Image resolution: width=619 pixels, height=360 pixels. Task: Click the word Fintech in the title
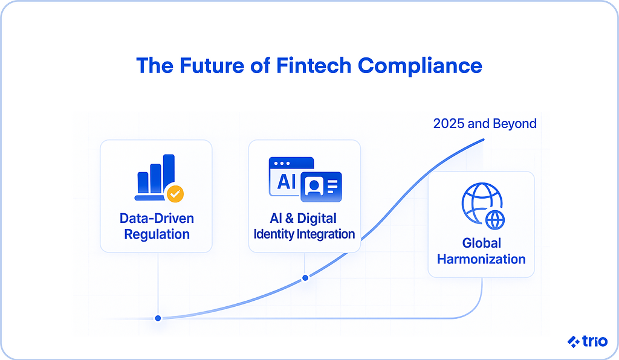point(314,65)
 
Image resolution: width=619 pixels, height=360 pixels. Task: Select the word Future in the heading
point(212,65)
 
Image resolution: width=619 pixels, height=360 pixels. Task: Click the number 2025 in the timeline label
point(449,123)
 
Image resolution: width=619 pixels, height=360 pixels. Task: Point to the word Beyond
point(515,123)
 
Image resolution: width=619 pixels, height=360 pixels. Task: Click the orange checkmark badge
point(175,194)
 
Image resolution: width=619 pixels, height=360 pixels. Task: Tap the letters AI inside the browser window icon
point(286,182)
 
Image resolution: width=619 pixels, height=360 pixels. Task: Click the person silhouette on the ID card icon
point(314,186)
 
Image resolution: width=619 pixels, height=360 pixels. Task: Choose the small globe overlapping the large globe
point(495,220)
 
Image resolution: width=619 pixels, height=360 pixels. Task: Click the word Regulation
point(157,234)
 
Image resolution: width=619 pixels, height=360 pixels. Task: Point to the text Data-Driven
point(157,218)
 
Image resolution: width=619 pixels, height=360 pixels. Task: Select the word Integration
point(326,234)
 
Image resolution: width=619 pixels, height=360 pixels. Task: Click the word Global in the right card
point(481,243)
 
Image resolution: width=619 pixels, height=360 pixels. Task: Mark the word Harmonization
point(481,259)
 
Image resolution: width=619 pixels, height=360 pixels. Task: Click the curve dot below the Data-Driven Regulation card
point(158,318)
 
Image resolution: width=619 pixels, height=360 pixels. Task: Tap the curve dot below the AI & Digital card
point(305,278)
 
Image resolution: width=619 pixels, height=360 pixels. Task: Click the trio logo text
point(595,341)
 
